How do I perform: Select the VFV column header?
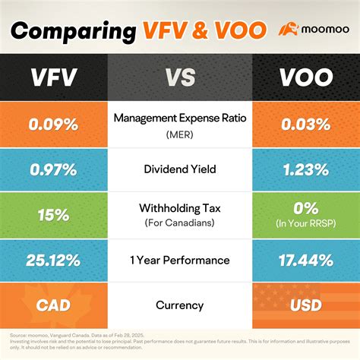pyautogui.click(x=54, y=78)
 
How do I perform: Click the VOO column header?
pyautogui.click(x=305, y=78)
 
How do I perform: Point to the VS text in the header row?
pyautogui.click(x=179, y=78)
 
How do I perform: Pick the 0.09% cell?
pyautogui.click(x=54, y=123)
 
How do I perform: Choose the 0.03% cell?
pyautogui.click(x=305, y=123)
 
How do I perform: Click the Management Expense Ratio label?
pyautogui.click(x=180, y=118)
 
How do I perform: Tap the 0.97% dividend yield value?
pyautogui.click(x=54, y=169)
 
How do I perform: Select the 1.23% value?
pyautogui.click(x=305, y=169)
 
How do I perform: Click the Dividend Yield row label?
pyautogui.click(x=180, y=169)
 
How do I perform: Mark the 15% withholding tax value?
pyautogui.click(x=54, y=215)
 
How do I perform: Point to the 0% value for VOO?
pyautogui.click(x=305, y=210)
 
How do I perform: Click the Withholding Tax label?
pyautogui.click(x=180, y=208)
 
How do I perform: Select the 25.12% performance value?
pyautogui.click(x=54, y=261)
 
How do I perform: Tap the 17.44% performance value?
pyautogui.click(x=305, y=261)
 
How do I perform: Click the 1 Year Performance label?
pyautogui.click(x=180, y=261)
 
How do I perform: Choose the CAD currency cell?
pyautogui.click(x=54, y=305)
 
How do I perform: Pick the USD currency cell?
pyautogui.click(x=305, y=305)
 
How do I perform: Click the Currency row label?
pyautogui.click(x=180, y=305)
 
